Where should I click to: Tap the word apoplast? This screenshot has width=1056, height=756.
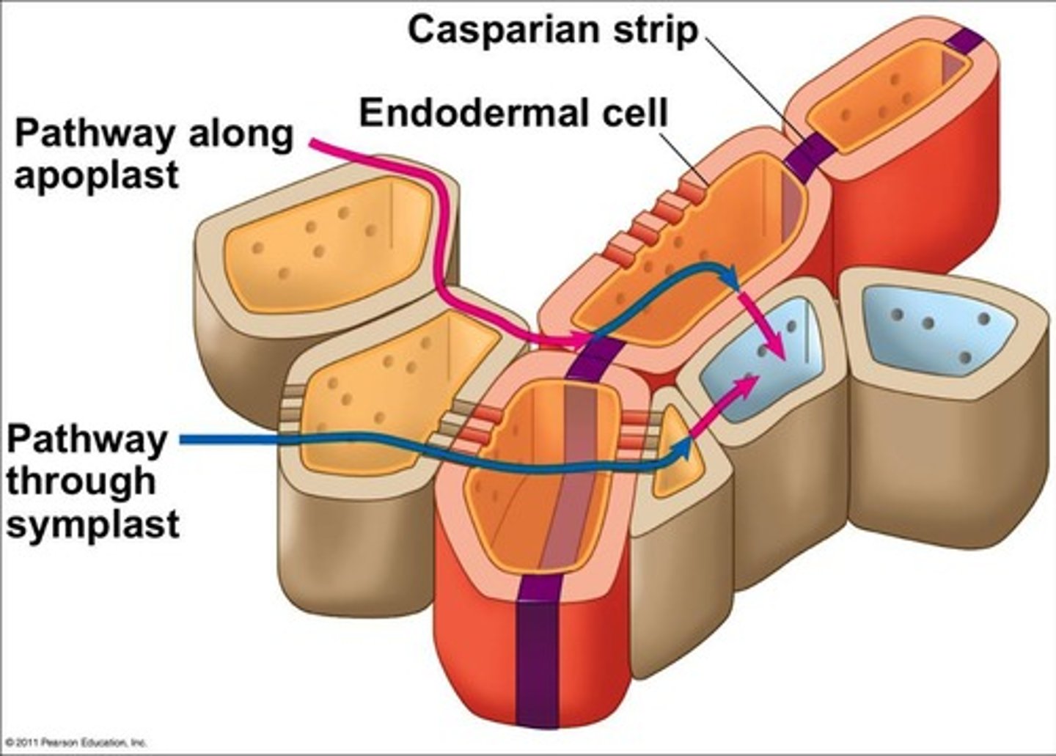pos(96,176)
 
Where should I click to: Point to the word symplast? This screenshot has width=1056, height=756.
pos(93,525)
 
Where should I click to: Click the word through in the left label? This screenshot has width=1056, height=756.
pos(81,482)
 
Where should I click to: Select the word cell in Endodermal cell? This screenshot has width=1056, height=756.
pos(631,114)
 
